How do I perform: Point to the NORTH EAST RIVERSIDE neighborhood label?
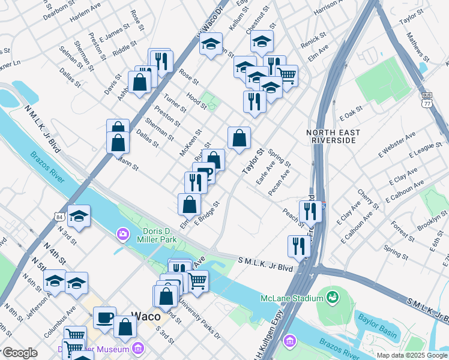pyautogui.click(x=333, y=136)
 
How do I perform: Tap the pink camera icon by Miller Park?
pyautogui.click(x=122, y=233)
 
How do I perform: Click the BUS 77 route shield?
pyautogui.click(x=427, y=99)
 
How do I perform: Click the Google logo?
pyautogui.click(x=19, y=353)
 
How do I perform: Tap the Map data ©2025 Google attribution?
pyautogui.click(x=412, y=355)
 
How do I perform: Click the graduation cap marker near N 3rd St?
pyautogui.click(x=79, y=217)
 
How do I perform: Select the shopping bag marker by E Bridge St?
pyautogui.click(x=190, y=204)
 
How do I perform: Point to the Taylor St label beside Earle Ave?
pyautogui.click(x=253, y=162)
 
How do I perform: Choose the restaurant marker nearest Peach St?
pyautogui.click(x=310, y=211)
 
